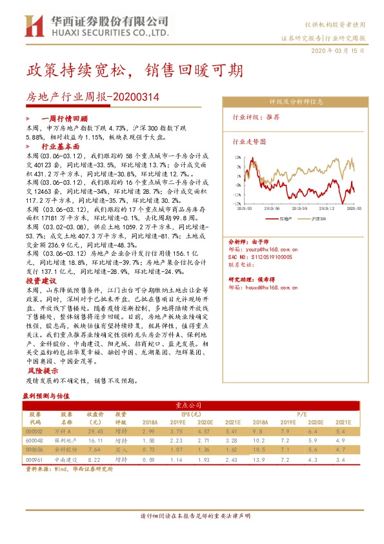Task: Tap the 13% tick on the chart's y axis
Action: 238,157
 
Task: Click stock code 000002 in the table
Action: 34,431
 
